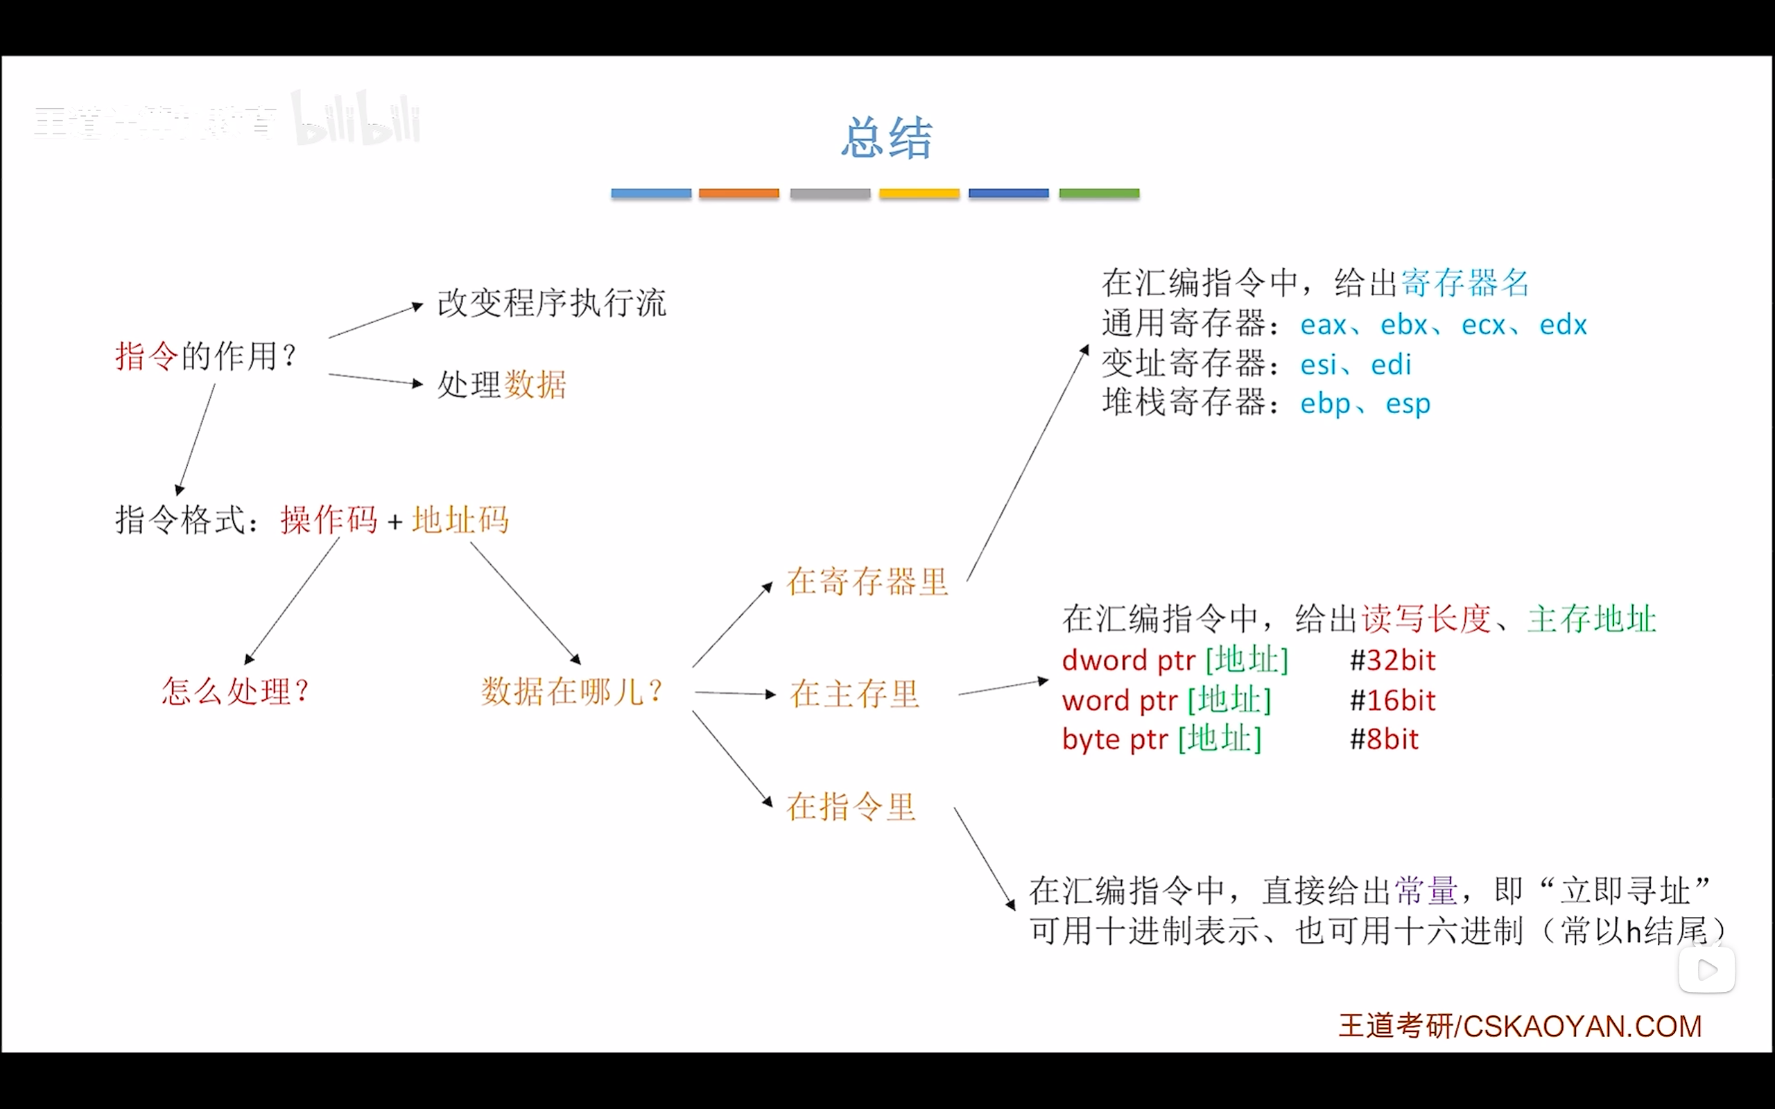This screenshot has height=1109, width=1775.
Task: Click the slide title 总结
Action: click(886, 138)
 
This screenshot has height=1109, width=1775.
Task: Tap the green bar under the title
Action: click(1099, 193)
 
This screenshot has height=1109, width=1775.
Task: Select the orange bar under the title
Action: click(738, 193)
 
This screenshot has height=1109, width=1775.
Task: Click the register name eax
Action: click(1323, 325)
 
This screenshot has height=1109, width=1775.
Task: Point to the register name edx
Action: click(1562, 325)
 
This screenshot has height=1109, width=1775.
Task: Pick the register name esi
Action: click(1317, 365)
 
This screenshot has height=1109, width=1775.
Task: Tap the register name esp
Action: click(1408, 404)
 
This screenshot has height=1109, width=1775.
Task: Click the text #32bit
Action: click(1392, 661)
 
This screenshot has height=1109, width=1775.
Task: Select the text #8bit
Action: click(1384, 740)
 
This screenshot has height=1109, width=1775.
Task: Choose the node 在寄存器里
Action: click(867, 582)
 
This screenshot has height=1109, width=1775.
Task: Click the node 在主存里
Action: click(854, 694)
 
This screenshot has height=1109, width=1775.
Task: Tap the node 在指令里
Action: click(851, 807)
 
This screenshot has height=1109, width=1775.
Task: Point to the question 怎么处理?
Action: click(235, 692)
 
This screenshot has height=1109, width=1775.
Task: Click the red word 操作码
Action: click(328, 521)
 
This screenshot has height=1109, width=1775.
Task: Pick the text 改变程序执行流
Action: click(552, 304)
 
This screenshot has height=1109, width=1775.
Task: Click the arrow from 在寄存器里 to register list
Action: click(1027, 464)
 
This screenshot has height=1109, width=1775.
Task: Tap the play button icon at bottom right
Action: click(1707, 970)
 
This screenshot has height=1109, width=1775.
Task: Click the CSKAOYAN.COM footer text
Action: click(1582, 1026)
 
